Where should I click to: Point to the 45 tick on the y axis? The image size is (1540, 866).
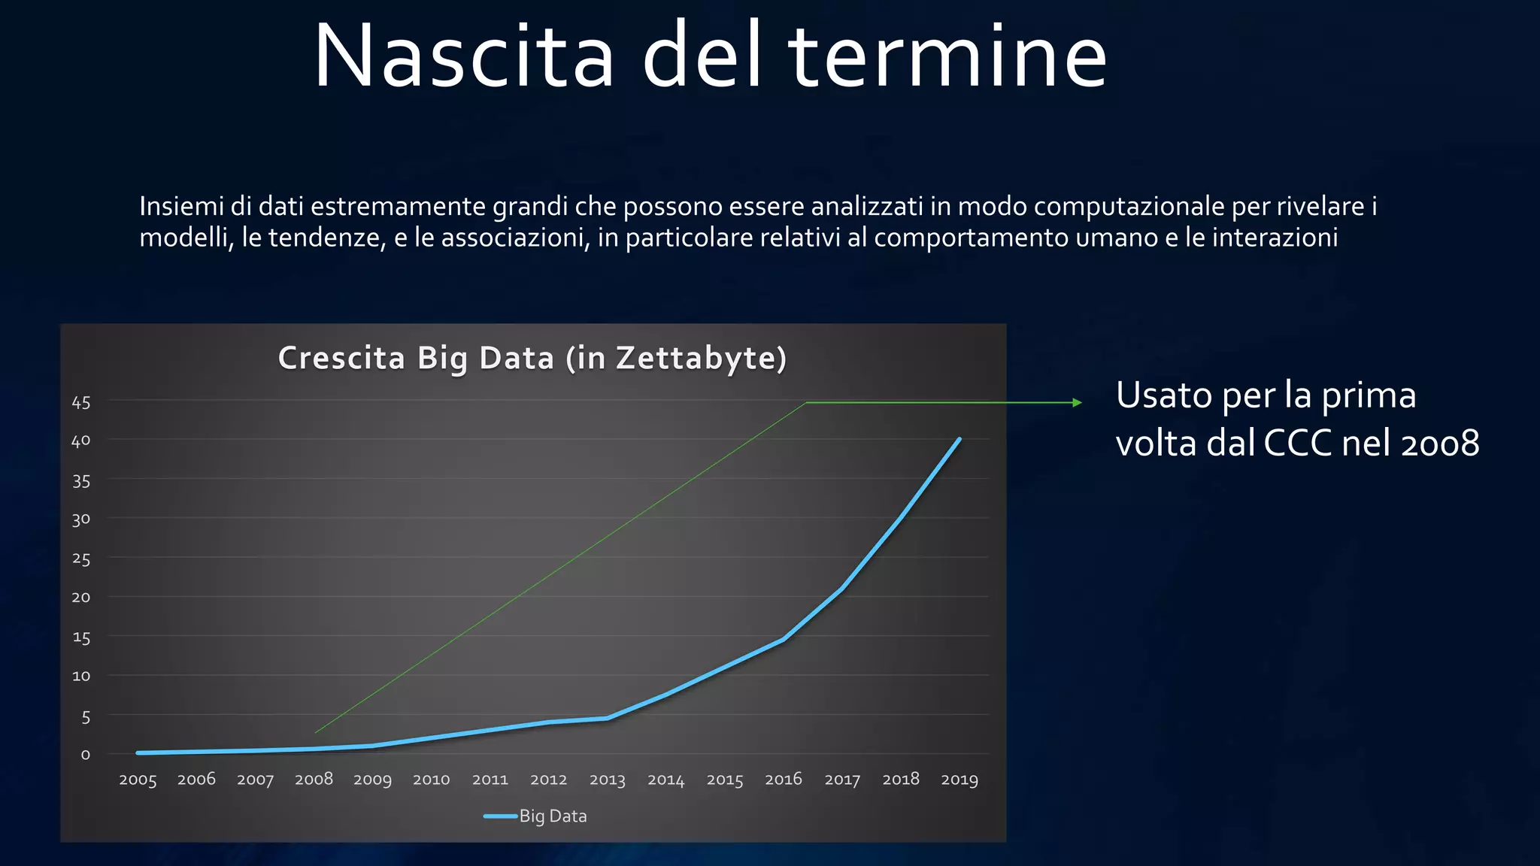pyautogui.click(x=81, y=403)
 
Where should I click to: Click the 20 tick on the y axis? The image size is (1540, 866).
pyautogui.click(x=81, y=598)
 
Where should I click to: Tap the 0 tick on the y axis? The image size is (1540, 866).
pyautogui.click(x=85, y=754)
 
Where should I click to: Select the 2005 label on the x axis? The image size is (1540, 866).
pyautogui.click(x=138, y=780)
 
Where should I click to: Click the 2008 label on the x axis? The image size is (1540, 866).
pyautogui.click(x=314, y=780)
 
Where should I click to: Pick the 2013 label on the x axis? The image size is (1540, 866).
pyautogui.click(x=608, y=780)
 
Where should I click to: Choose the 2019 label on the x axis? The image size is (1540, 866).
pyautogui.click(x=959, y=780)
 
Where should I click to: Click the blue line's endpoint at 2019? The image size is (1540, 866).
pyautogui.click(x=959, y=439)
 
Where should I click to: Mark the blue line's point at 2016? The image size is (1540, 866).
pyautogui.click(x=784, y=640)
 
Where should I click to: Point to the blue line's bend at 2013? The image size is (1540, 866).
pyautogui.click(x=608, y=719)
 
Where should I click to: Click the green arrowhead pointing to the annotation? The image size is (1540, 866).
pyautogui.click(x=1077, y=403)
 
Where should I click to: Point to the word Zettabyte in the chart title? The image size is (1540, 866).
pyautogui.click(x=696, y=358)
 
